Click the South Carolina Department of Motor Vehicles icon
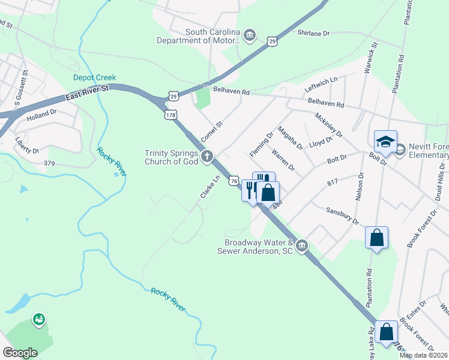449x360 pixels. pyautogui.click(x=251, y=37)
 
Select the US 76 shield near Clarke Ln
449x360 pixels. pyautogui.click(x=234, y=181)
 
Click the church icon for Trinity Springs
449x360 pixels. pyautogui.click(x=207, y=157)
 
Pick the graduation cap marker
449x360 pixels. pyautogui.click(x=385, y=142)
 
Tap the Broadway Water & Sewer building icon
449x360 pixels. pyautogui.click(x=302, y=245)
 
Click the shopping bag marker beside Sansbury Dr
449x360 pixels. pyautogui.click(x=376, y=238)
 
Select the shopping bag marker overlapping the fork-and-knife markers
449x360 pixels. pyautogui.click(x=268, y=193)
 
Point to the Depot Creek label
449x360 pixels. pyautogui.click(x=94, y=77)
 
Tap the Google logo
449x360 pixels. pyautogui.click(x=20, y=352)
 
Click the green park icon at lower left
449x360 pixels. pyautogui.click(x=39, y=319)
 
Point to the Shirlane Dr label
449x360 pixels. pyautogui.click(x=314, y=34)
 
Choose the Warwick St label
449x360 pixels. pyautogui.click(x=370, y=58)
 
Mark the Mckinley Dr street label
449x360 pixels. pyautogui.click(x=328, y=122)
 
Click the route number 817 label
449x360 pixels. pyautogui.click(x=334, y=182)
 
